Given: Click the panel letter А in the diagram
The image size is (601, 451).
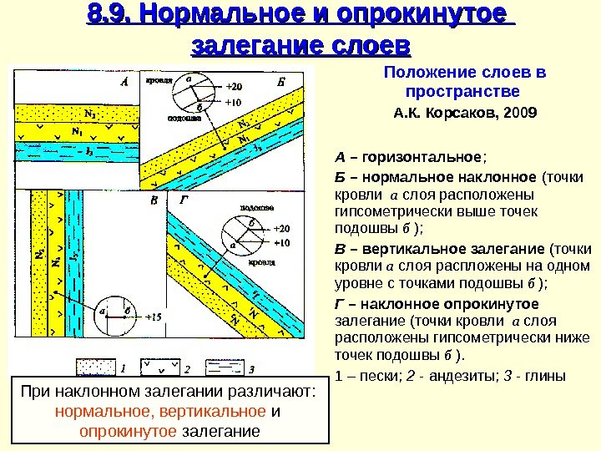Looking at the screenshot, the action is [x=124, y=83].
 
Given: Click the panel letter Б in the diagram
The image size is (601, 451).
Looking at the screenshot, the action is [x=280, y=83].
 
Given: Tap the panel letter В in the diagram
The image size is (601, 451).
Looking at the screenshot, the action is [x=153, y=200].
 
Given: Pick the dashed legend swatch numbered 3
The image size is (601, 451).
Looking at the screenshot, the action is [x=223, y=367].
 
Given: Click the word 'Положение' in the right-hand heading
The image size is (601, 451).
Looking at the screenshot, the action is [x=421, y=73].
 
